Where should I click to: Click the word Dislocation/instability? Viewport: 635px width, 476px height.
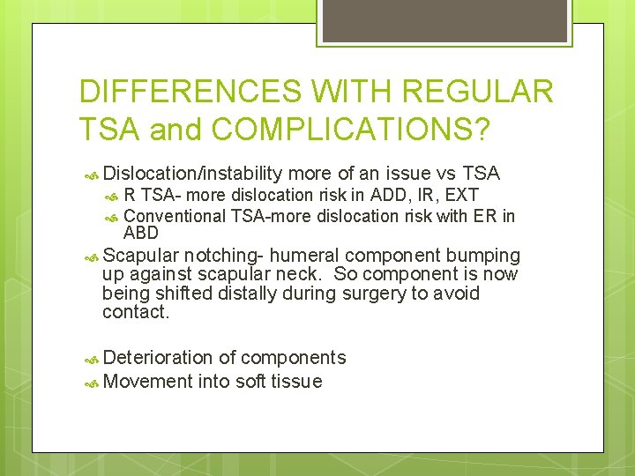192,174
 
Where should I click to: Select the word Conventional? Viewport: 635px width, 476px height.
175,216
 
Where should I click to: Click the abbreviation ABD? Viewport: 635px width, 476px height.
141,234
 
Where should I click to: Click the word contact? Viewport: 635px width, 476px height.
134,311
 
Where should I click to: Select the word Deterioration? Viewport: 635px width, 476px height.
158,357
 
